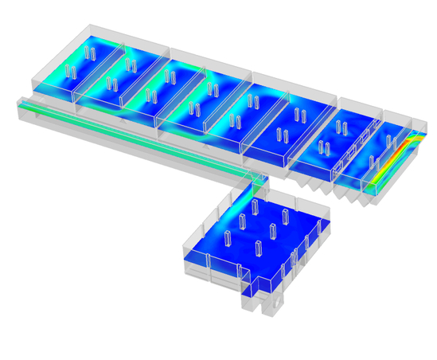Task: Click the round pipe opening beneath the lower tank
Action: pyautogui.click(x=278, y=303)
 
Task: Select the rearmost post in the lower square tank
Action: pyautogui.click(x=255, y=206)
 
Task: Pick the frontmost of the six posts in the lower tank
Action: pyautogui.click(x=258, y=248)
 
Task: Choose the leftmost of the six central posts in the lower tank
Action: pyautogui.click(x=228, y=237)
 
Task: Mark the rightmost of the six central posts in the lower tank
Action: pyautogui.click(x=285, y=215)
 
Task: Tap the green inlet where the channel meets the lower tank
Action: pyautogui.click(x=256, y=182)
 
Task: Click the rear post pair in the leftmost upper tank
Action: pyautogui.click(x=90, y=53)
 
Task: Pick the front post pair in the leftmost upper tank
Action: pyautogui.click(x=70, y=72)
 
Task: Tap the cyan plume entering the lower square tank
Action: pyautogui.click(x=244, y=203)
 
